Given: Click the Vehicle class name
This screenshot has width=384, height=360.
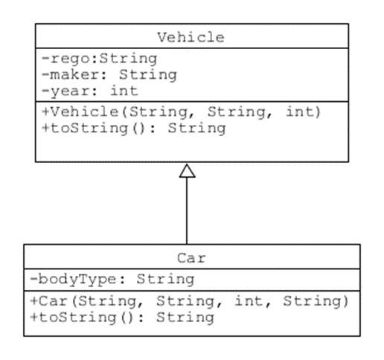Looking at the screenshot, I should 191,37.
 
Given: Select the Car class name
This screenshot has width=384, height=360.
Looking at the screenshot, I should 191,259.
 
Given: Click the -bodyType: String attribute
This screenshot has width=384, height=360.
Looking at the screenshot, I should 112,280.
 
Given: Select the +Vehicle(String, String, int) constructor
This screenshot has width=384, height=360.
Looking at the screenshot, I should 181,112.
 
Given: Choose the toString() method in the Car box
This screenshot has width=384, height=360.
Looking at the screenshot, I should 123,318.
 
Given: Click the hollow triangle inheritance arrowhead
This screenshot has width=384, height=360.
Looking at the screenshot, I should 187,170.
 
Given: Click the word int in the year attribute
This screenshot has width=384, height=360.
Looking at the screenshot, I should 124,91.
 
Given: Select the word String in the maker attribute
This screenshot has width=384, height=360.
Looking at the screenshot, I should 148,74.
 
